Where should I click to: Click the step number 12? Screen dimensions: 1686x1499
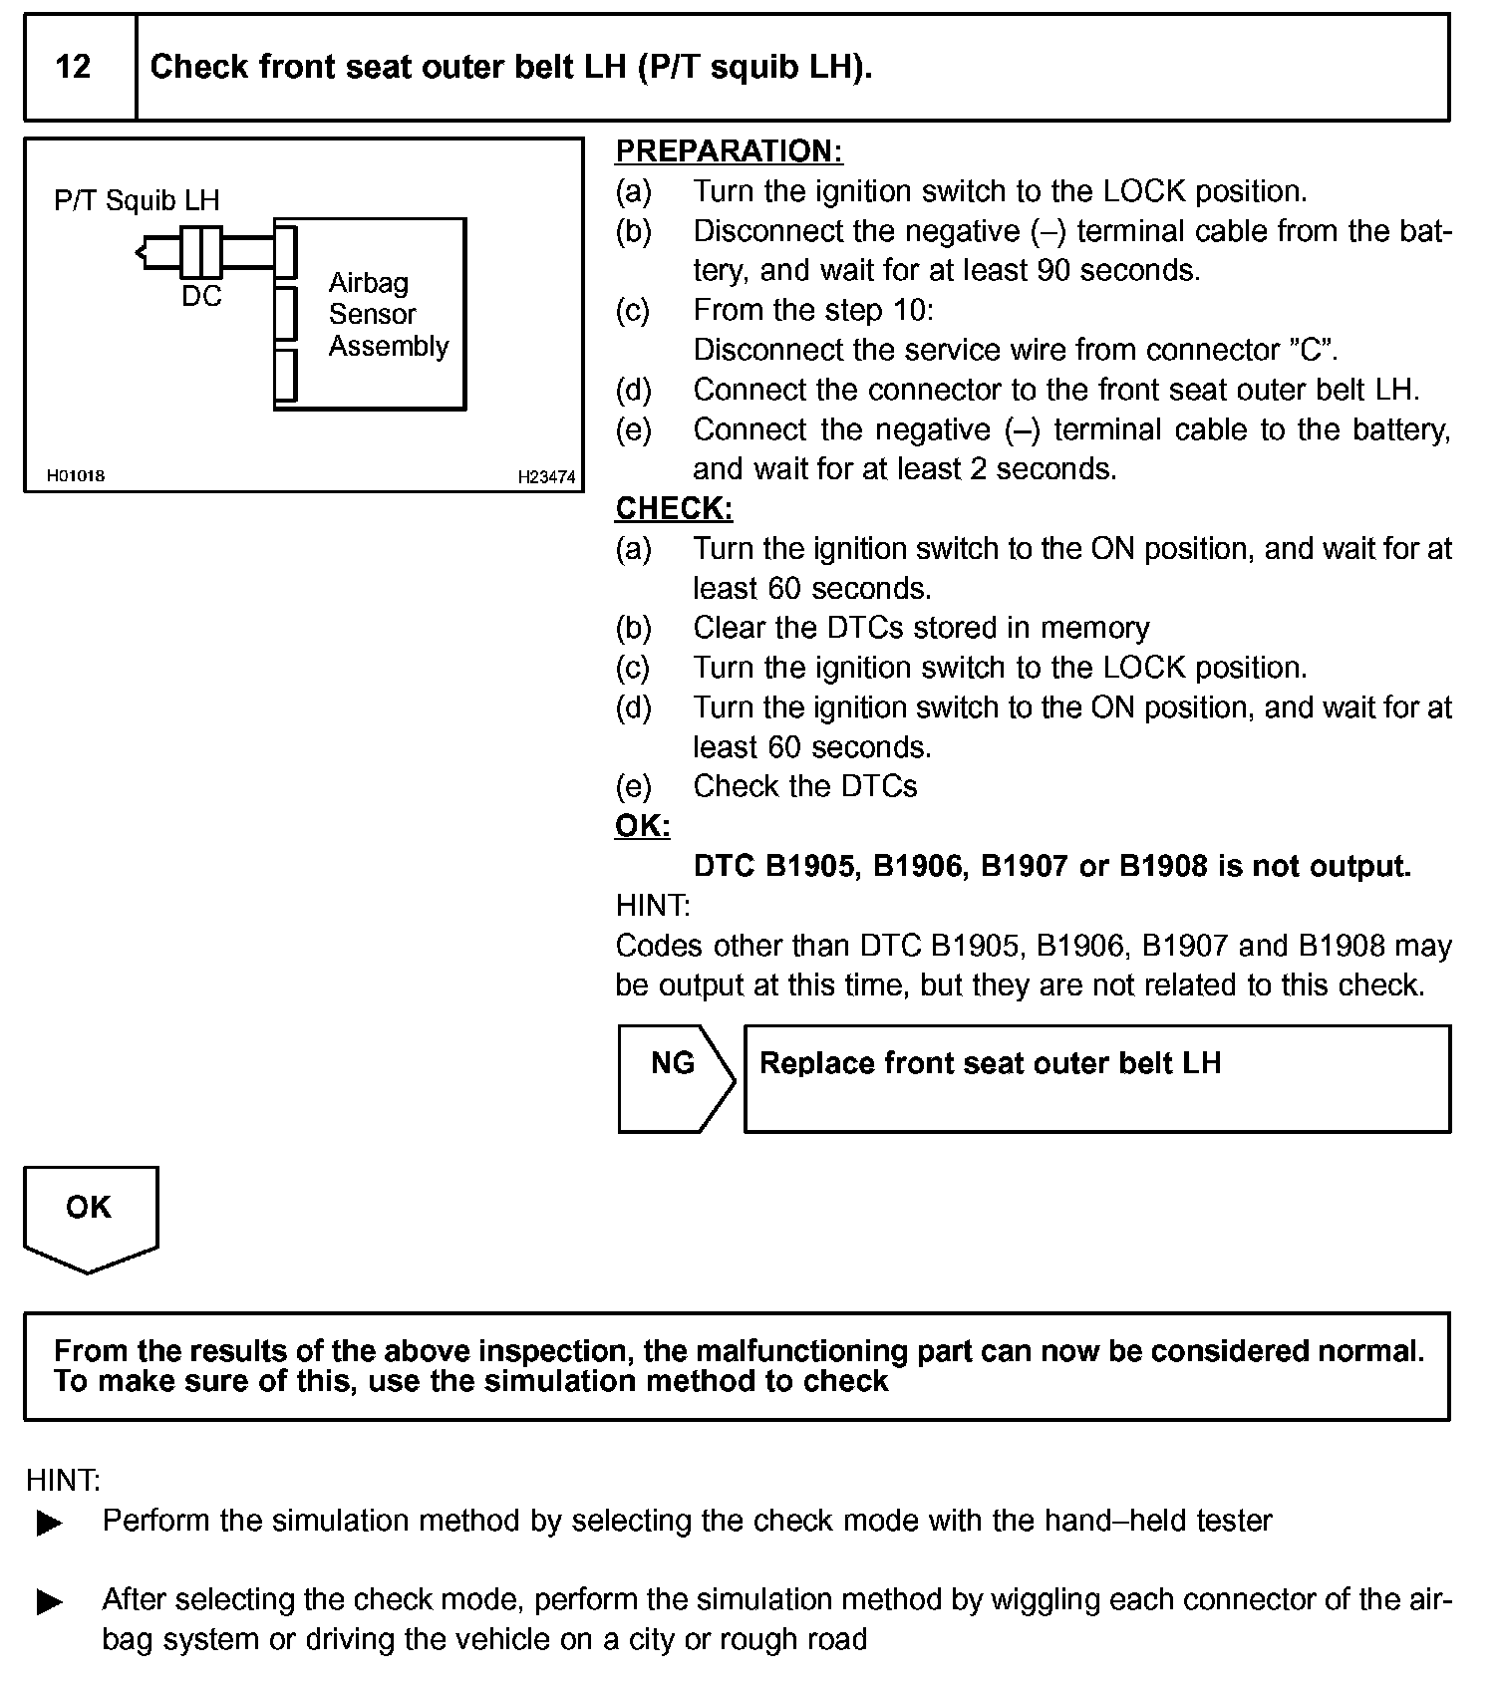pyautogui.click(x=74, y=67)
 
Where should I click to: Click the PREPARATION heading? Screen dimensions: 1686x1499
pyautogui.click(x=729, y=151)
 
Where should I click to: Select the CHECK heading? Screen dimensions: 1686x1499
pyautogui.click(x=674, y=509)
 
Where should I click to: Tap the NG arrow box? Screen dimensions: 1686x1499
pyautogui.click(x=675, y=1078)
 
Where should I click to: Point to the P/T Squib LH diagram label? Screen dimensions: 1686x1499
pyautogui.click(x=137, y=200)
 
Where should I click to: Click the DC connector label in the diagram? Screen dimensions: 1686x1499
pyautogui.click(x=201, y=296)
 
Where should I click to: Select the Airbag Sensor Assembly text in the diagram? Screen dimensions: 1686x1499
pyautogui.click(x=388, y=315)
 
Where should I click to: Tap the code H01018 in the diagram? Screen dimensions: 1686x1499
pyautogui.click(x=76, y=476)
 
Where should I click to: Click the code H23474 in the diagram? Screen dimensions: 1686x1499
pyautogui.click(x=545, y=477)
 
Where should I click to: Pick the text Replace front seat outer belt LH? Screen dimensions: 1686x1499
pyautogui.click(x=990, y=1063)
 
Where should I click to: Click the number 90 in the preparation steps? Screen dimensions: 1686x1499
pyautogui.click(x=1053, y=270)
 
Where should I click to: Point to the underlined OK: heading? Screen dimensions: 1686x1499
pyautogui.click(x=643, y=826)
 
